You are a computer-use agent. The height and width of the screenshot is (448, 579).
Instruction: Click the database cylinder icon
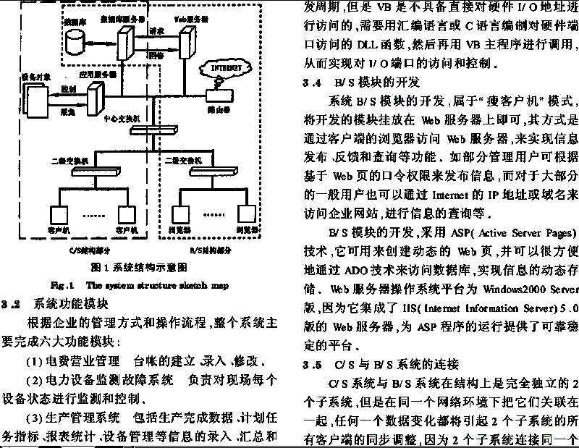[73, 43]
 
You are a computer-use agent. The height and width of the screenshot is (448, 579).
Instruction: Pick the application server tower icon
[93, 94]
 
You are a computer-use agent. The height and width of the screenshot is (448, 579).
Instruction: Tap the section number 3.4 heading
[316, 83]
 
